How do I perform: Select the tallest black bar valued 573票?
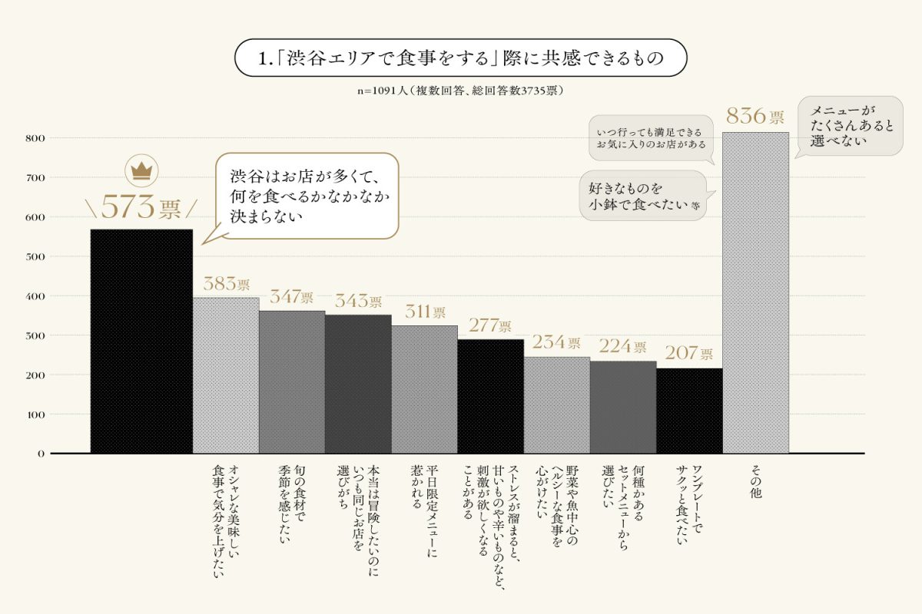click(141, 341)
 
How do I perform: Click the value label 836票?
click(755, 117)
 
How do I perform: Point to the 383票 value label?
click(226, 284)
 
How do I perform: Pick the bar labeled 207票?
click(689, 411)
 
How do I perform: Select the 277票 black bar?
click(490, 396)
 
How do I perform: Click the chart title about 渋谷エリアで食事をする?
click(460, 58)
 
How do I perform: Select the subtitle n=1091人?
click(460, 91)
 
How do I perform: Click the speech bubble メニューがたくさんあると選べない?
click(852, 126)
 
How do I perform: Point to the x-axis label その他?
click(755, 483)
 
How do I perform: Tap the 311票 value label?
click(424, 312)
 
